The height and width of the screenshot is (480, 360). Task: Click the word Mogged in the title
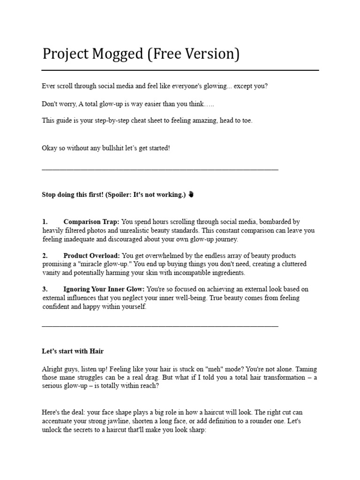[x=116, y=54]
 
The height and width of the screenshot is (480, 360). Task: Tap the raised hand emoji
[x=191, y=195]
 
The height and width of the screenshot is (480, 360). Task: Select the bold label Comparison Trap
[x=91, y=222]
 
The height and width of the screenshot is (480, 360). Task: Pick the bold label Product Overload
[x=92, y=255]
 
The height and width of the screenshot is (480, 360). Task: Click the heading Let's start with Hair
[x=73, y=351]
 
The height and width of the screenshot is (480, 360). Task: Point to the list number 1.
[x=45, y=222]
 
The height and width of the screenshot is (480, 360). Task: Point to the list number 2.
[x=45, y=255]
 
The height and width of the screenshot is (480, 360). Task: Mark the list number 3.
[x=45, y=289]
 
